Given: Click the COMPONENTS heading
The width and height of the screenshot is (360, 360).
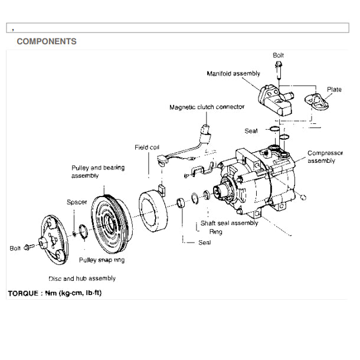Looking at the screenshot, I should (47, 42).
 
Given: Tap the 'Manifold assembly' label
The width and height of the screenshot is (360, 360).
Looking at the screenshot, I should (233, 74).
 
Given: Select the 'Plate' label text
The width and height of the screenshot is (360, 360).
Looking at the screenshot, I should (334, 90).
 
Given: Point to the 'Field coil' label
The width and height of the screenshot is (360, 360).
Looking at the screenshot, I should (146, 147).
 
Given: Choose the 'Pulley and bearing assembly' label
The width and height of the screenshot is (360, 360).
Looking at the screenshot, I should (98, 172).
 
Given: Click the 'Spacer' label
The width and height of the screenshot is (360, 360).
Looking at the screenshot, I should (77, 202).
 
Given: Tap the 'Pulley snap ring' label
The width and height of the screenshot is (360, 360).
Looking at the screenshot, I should (102, 260).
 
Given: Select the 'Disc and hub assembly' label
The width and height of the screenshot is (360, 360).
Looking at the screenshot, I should (82, 278).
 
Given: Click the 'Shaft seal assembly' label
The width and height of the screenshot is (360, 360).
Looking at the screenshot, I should (229, 223).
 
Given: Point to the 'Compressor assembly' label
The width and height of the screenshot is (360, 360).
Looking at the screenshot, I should (325, 156).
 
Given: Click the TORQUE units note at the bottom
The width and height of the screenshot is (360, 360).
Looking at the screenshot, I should (54, 293).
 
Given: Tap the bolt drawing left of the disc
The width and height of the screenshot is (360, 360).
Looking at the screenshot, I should (27, 248).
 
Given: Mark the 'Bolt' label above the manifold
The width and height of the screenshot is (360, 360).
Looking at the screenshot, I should (279, 55).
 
